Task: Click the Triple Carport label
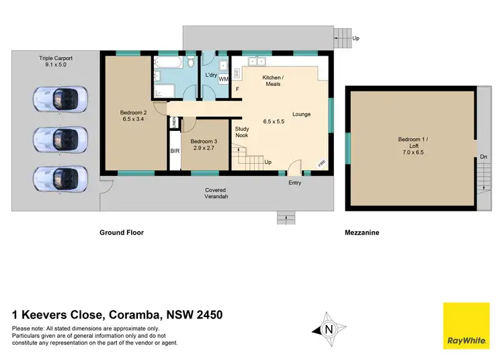[x=55, y=62]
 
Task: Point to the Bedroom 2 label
[x=133, y=116]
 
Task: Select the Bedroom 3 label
[x=202, y=145]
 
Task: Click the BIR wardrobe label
[x=174, y=152]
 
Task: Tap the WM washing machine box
[x=222, y=80]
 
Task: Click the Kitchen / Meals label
[x=272, y=81]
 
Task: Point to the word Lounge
[x=301, y=114]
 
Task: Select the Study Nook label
[x=242, y=132]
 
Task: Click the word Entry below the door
[x=294, y=183]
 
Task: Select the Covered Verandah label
[x=216, y=193]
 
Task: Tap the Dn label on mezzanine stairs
[x=484, y=157]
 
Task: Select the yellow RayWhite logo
[x=466, y=326]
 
